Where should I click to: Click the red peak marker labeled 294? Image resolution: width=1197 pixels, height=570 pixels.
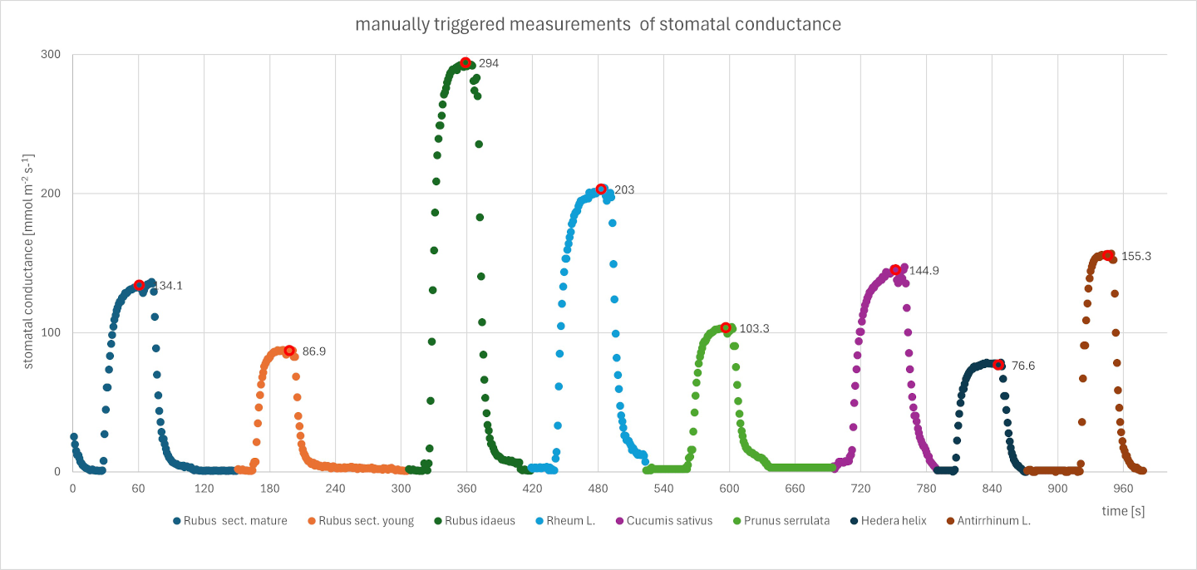click(x=465, y=63)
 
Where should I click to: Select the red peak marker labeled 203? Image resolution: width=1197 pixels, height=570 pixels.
click(x=601, y=189)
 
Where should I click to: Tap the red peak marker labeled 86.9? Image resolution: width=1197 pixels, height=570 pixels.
click(x=289, y=351)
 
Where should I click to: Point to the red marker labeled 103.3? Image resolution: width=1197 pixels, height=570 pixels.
click(x=726, y=328)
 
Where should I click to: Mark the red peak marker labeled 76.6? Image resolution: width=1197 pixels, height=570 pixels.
click(x=998, y=365)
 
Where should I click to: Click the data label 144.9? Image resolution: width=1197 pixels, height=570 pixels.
click(x=929, y=271)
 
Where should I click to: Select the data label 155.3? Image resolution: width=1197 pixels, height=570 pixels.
click(x=1135, y=257)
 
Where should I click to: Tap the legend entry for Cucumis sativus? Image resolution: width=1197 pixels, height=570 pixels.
click(x=658, y=521)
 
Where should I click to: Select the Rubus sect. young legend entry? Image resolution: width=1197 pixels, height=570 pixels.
click(x=361, y=521)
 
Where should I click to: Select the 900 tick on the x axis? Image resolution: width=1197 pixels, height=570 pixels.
click(x=1057, y=489)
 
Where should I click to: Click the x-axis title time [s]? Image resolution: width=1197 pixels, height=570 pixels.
click(x=1123, y=511)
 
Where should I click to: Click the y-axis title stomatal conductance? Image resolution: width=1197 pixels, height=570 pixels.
click(x=29, y=263)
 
